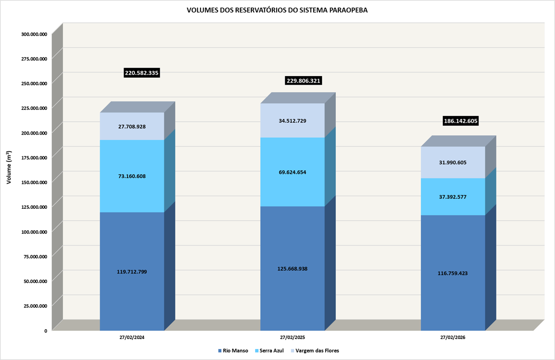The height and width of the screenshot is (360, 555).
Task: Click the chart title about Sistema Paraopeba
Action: [x=277, y=10]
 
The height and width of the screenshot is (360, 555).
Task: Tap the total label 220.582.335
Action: [x=142, y=73]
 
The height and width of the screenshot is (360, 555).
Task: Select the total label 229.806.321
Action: [x=304, y=81]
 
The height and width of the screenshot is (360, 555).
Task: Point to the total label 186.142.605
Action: [x=460, y=121]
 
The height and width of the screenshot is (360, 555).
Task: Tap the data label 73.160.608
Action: [x=132, y=176]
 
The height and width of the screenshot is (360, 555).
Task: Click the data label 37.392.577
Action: [x=453, y=196]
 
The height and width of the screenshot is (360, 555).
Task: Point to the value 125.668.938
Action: [x=292, y=269]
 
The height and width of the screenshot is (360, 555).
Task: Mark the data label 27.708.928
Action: [x=132, y=126]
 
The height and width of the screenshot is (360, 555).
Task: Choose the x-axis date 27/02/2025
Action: [x=292, y=338]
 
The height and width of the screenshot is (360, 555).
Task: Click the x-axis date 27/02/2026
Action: [x=453, y=338]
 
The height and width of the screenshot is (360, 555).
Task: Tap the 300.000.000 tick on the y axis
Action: [x=34, y=34]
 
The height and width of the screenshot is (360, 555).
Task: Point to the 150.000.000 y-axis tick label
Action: [x=34, y=182]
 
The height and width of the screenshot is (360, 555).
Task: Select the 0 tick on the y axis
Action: [x=46, y=330]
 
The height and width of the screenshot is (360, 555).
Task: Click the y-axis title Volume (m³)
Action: [x=9, y=168]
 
